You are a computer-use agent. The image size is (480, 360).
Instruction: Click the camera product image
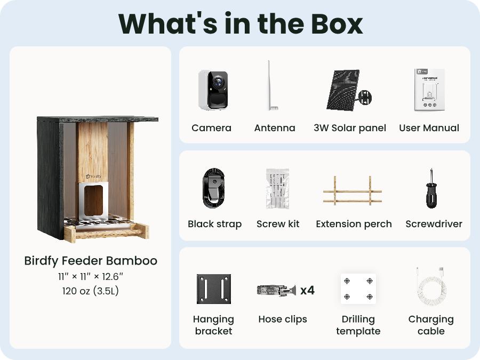[213, 90]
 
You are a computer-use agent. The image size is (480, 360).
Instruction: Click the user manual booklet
[429, 90]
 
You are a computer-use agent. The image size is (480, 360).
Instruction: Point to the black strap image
[214, 188]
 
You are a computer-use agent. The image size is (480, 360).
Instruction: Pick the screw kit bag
[278, 188]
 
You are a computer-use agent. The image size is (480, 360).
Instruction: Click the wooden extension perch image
[353, 191]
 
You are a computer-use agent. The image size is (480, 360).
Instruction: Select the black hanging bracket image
[214, 289]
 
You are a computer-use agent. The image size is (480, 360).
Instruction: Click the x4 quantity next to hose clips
[307, 290]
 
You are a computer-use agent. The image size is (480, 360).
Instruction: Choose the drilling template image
[358, 289]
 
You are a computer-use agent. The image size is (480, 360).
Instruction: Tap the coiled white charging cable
[431, 286]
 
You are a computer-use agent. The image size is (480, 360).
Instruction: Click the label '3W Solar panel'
[349, 127]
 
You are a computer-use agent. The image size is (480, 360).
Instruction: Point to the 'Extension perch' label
[354, 224]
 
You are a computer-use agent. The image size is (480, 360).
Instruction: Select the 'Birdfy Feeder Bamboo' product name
[91, 261]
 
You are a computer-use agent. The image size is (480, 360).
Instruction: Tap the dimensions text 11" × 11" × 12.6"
[91, 277]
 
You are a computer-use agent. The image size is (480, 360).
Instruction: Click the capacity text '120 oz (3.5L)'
[91, 291]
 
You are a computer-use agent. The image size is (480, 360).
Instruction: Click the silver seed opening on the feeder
[93, 201]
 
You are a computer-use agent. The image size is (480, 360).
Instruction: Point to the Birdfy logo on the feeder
[93, 177]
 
